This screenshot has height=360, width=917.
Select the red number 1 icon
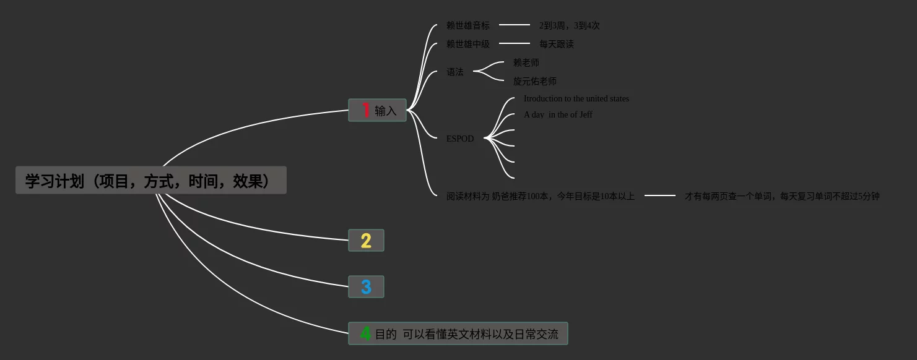(x=365, y=110)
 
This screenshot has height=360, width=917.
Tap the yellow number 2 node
(x=366, y=241)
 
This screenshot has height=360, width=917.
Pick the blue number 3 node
(x=366, y=287)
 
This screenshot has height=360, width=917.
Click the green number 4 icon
(x=365, y=334)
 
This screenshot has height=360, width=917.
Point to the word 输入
(x=386, y=111)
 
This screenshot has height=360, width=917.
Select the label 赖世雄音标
(x=467, y=25)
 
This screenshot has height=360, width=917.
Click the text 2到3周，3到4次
(x=569, y=25)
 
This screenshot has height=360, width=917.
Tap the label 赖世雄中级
(x=467, y=44)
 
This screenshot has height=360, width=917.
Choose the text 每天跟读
(x=556, y=44)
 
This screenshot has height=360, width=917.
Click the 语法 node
(x=455, y=72)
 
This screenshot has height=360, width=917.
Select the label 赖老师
(x=526, y=62)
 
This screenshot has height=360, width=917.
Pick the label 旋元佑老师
(x=535, y=81)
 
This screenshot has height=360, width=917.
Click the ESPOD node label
(x=460, y=139)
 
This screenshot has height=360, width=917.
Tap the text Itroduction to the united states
(x=576, y=98)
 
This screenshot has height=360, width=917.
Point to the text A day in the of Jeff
(x=558, y=114)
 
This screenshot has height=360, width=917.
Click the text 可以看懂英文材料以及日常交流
(x=480, y=334)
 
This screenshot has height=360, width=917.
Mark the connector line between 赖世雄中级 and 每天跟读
(x=515, y=43)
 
